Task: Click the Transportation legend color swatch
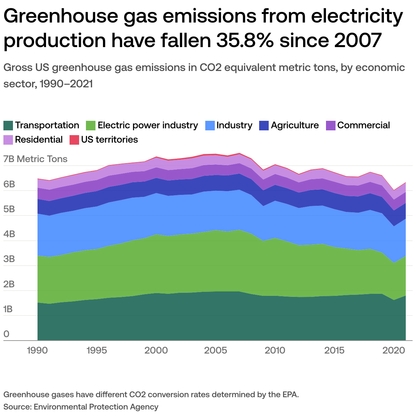pyautogui.click(x=9, y=126)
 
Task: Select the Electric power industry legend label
pyautogui.click(x=148, y=126)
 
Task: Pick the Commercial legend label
pyautogui.click(x=363, y=126)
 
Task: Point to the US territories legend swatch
pyautogui.click(x=74, y=140)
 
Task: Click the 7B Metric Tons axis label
pyautogui.click(x=35, y=159)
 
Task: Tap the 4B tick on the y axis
pyautogui.click(x=10, y=234)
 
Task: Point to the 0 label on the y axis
pyautogui.click(x=6, y=334)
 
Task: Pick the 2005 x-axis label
pyautogui.click(x=216, y=350)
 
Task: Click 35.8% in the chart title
pyautogui.click(x=244, y=40)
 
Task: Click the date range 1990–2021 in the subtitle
pyautogui.click(x=66, y=84)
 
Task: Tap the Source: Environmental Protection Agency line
pyautogui.click(x=81, y=407)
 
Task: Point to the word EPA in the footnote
pyautogui.click(x=289, y=395)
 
